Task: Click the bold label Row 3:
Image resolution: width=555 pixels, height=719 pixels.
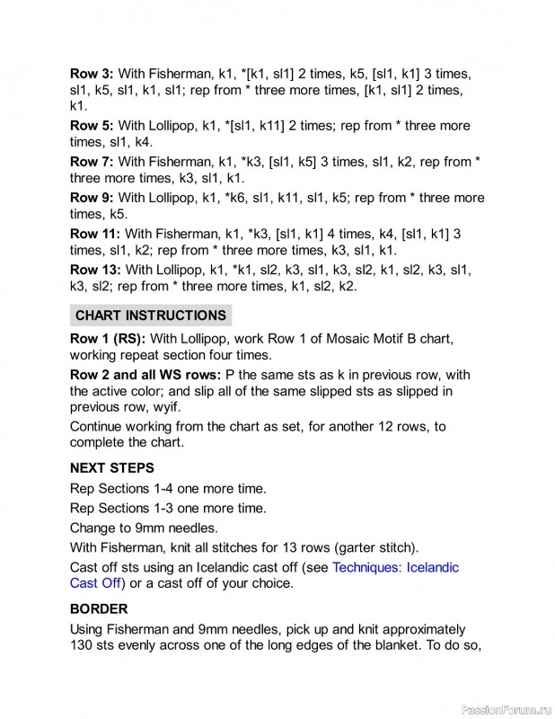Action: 92,74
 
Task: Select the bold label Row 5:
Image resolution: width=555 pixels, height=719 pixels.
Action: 92,126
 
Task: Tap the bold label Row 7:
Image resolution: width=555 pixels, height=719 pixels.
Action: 92,162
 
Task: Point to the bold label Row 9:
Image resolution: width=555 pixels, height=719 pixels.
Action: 92,198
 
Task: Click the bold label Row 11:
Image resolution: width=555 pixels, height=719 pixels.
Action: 95,234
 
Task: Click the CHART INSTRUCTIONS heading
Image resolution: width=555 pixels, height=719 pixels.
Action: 150,315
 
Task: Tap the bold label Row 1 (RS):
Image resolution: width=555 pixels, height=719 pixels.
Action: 108,339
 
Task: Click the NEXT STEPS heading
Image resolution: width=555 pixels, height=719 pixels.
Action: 112,468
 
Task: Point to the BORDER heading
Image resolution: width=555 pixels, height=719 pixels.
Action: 99,609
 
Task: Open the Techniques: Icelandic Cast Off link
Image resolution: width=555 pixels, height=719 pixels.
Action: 395,568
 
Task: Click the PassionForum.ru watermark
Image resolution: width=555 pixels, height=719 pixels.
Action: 504,710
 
